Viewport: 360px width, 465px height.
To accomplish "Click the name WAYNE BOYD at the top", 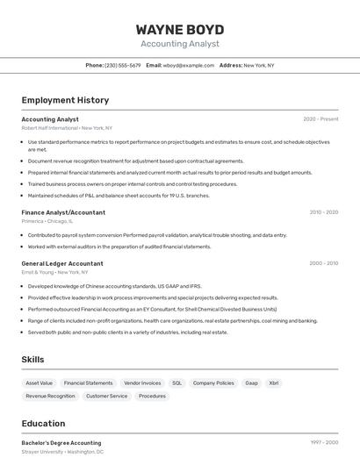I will click(179, 29).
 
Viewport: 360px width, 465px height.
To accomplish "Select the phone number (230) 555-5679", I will click(122, 65).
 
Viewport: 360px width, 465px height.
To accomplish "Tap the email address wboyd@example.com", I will click(189, 65).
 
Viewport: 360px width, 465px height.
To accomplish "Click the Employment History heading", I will click(65, 100).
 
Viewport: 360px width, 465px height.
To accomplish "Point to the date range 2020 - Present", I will click(320, 119).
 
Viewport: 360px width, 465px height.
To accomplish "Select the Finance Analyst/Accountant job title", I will click(63, 212).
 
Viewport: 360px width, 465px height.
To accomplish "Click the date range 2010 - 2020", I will click(323, 212).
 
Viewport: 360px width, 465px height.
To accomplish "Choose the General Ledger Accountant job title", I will click(62, 263).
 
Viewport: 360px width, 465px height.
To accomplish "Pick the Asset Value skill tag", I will click(40, 383).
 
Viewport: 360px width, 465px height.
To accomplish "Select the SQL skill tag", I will click(176, 383).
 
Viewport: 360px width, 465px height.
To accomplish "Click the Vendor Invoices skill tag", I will click(142, 383).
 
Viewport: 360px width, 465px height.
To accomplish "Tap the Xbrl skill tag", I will click(274, 383).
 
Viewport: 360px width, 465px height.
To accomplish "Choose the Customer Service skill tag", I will click(106, 396).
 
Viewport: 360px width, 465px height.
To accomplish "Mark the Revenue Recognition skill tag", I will click(50, 396).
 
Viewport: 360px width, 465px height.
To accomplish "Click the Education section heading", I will click(43, 424).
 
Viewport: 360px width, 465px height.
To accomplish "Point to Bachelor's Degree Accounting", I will click(61, 443).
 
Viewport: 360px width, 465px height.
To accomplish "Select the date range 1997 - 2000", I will click(324, 443).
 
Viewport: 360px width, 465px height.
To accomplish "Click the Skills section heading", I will click(33, 360).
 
